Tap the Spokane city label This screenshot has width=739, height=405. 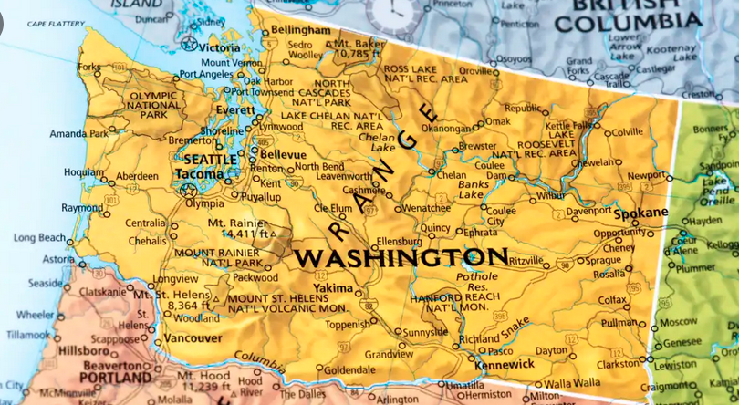640,213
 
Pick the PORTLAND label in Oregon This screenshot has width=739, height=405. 115,377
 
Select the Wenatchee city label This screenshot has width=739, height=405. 425,208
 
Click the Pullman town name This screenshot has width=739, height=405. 619,323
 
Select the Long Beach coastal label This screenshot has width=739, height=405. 39,238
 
